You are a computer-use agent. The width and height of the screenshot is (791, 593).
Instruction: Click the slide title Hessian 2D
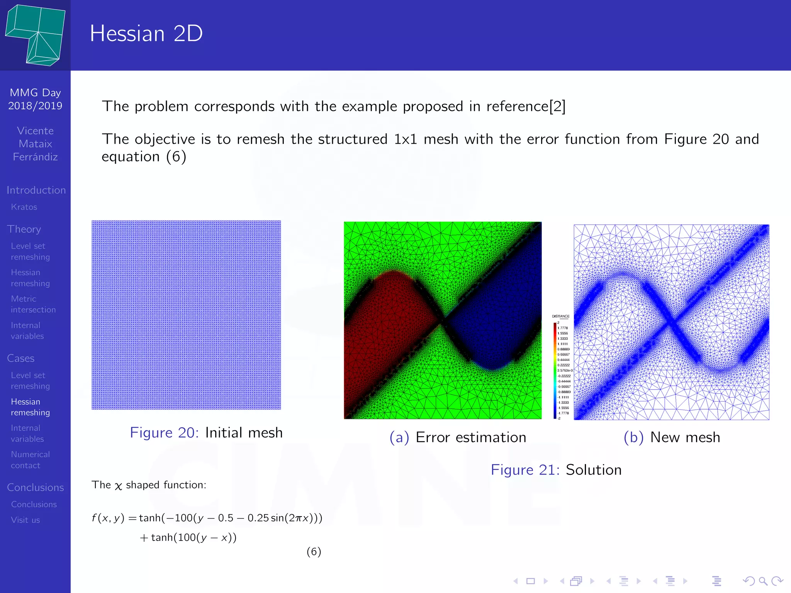[146, 34]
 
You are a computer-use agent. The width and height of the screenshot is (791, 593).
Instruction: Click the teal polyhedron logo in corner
[36, 35]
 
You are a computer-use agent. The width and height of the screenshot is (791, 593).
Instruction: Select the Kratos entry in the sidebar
[24, 207]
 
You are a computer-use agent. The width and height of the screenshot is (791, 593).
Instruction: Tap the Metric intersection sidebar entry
[33, 304]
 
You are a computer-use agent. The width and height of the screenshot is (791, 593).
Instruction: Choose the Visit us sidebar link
[25, 520]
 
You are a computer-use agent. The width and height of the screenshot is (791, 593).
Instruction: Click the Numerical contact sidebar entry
[30, 460]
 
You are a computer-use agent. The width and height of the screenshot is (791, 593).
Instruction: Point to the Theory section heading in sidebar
[24, 229]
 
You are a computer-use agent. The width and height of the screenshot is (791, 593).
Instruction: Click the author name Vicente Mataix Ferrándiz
[35, 144]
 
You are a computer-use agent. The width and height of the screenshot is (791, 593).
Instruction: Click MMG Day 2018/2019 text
[35, 99]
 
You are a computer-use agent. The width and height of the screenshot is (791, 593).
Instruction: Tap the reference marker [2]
[557, 107]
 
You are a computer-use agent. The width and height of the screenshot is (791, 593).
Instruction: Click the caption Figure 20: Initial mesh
[206, 433]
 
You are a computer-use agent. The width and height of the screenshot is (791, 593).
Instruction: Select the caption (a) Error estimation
[458, 437]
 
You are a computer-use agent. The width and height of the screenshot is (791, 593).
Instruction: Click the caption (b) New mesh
[672, 437]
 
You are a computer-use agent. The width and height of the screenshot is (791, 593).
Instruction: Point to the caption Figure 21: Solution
[556, 470]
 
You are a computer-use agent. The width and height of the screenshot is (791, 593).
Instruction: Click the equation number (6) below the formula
[314, 552]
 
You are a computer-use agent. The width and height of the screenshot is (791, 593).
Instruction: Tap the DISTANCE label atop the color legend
[560, 316]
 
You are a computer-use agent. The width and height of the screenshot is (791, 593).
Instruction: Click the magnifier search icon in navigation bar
[763, 581]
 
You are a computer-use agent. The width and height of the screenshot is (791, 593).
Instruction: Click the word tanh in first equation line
[149, 518]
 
